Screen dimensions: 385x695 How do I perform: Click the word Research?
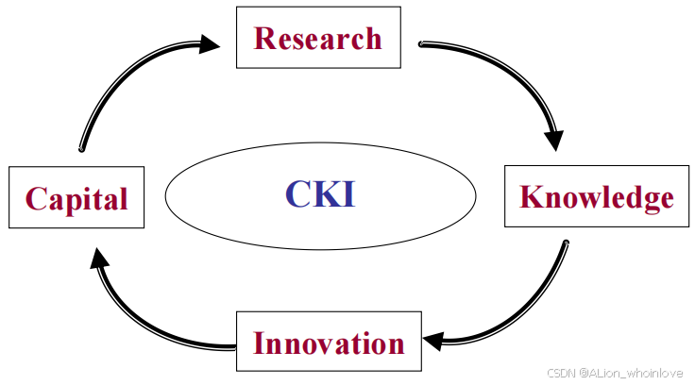coord(318,39)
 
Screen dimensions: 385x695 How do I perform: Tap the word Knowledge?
coord(598,197)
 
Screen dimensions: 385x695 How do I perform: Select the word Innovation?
coord(329,343)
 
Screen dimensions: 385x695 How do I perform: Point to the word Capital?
coord(76,199)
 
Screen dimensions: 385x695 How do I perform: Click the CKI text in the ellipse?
coord(320,193)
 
